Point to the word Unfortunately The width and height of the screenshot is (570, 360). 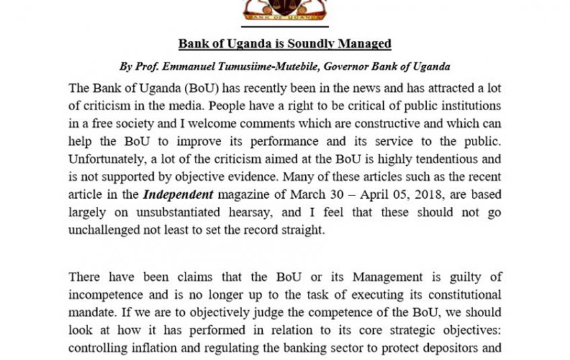(x=110, y=159)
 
